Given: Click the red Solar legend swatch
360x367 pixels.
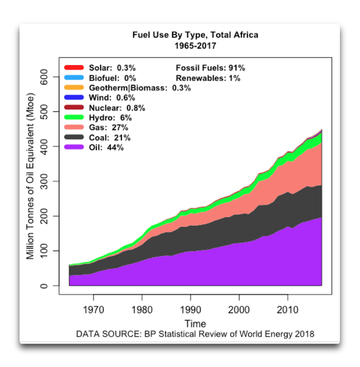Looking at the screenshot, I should pyautogui.click(x=74, y=68).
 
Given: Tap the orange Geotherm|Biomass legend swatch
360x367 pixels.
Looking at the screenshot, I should pyautogui.click(x=74, y=88).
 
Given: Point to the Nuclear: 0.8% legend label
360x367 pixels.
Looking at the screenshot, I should pyautogui.click(x=117, y=108).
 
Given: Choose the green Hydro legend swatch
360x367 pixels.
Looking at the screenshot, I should pyautogui.click(x=74, y=117).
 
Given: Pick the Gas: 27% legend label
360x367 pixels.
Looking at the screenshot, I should pyautogui.click(x=108, y=127).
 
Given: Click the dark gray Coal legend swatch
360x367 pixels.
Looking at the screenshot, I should pyautogui.click(x=74, y=137).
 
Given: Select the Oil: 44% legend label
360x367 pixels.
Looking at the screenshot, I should pyautogui.click(x=106, y=147).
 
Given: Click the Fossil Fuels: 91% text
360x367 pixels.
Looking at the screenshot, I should pyautogui.click(x=210, y=68).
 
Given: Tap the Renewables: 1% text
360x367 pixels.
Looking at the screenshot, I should pyautogui.click(x=208, y=78).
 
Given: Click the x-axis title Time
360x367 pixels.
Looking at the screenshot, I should pyautogui.click(x=195, y=323).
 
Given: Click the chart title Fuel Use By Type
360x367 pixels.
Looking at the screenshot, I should pyautogui.click(x=195, y=35).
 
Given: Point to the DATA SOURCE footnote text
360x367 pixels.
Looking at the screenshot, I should pyautogui.click(x=195, y=334).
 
